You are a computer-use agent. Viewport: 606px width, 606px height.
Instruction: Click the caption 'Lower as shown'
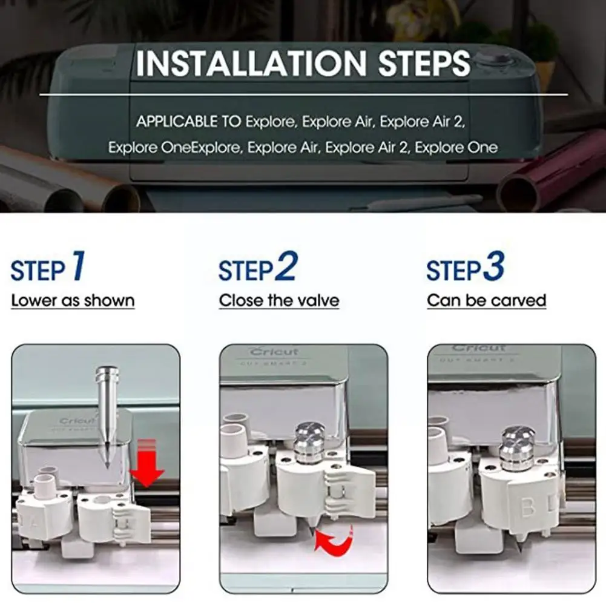[73, 300]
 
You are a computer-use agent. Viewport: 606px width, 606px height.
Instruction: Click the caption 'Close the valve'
[279, 300]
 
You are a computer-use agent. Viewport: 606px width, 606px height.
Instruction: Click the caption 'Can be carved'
[487, 300]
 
